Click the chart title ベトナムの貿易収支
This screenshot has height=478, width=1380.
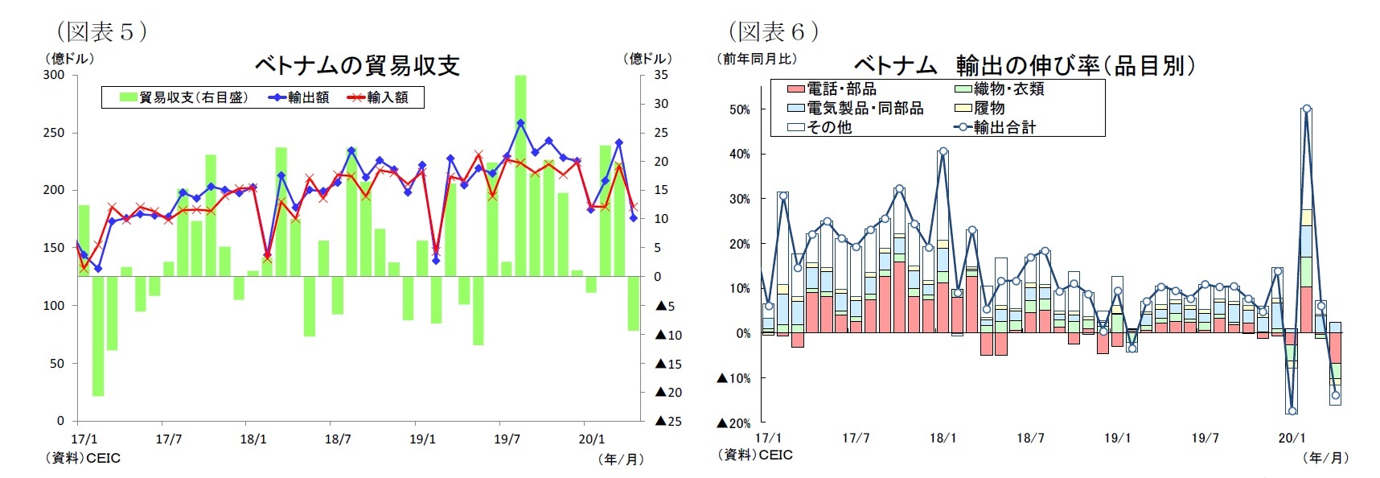click(356, 65)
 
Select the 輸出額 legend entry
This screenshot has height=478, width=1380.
click(299, 97)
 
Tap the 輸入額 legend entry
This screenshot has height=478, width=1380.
click(378, 97)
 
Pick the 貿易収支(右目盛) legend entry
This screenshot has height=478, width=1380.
click(184, 97)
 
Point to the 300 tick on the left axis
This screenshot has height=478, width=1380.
click(54, 75)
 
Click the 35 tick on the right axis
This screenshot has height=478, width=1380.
click(660, 75)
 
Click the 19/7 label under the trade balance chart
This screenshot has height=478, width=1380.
click(507, 439)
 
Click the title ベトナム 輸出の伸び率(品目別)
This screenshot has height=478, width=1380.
click(1024, 65)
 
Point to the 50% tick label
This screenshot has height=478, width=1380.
click(739, 109)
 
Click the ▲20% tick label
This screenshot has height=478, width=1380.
click(733, 422)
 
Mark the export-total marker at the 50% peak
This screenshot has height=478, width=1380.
click(1306, 109)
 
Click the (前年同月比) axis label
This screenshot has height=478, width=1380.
click(756, 58)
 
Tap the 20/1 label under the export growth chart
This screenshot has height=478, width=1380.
click(1292, 438)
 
